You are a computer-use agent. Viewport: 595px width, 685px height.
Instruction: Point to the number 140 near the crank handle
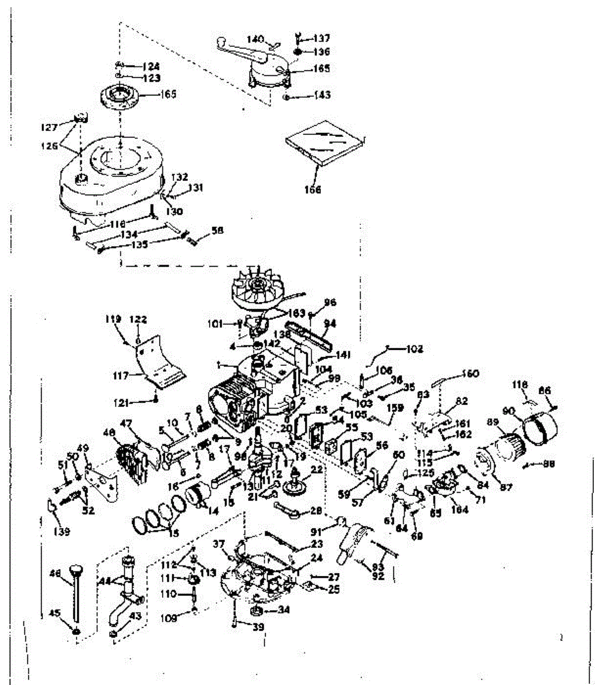255,39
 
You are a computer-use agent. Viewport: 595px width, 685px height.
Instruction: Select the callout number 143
321,95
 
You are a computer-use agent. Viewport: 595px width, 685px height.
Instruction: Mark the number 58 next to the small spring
217,231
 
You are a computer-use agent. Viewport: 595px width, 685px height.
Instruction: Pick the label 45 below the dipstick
55,614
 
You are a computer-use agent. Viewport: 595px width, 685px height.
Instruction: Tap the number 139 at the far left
62,532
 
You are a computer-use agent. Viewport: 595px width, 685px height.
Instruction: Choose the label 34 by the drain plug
284,610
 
